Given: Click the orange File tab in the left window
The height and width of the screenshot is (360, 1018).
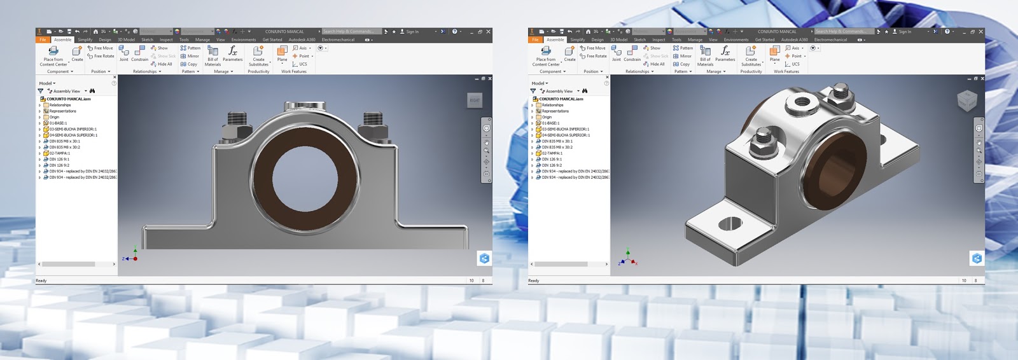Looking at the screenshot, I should tap(43, 39).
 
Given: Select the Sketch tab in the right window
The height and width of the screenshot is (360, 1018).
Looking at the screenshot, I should tap(639, 39).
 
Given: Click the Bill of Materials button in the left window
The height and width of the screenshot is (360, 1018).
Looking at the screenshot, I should tap(213, 55).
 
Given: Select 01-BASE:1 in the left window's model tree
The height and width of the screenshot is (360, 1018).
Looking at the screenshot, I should tap(58, 123).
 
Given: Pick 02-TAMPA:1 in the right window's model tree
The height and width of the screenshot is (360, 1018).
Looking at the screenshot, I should tap(552, 153).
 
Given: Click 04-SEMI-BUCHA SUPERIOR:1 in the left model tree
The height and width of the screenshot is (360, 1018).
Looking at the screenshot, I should tap(73, 135).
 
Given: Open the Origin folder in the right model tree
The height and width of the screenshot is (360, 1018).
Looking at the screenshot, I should tap(547, 117).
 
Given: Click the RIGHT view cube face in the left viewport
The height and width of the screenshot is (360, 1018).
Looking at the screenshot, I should tap(475, 100).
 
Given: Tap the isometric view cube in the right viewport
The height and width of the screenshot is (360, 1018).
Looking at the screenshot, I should tap(966, 100).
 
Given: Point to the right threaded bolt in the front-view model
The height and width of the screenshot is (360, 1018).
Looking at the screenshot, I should tap(372, 119).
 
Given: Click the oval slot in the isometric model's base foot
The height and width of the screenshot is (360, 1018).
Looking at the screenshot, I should tap(730, 223).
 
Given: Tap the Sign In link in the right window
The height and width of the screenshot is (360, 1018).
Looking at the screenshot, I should tap(905, 31).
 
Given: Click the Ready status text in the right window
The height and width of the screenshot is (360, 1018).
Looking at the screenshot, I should tap(533, 280).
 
